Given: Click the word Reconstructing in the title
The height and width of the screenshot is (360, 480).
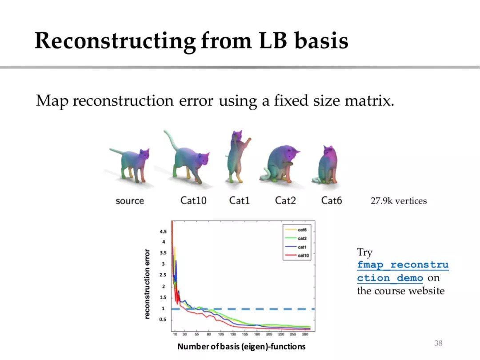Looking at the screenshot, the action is pos(115,41).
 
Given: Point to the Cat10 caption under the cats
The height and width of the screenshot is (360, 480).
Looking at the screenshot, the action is pos(193,200).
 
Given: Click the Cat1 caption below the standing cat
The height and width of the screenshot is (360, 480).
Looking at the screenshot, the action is pos(240,200).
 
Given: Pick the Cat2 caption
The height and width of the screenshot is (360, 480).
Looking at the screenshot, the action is pos(285,200).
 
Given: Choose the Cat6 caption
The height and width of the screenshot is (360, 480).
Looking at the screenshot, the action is pos(332,200).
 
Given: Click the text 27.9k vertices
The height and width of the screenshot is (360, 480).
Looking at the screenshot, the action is pos(399,201).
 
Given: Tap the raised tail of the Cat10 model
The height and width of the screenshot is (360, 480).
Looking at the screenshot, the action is pos(170,139).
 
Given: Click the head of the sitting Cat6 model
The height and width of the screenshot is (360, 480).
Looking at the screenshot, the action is pos(328,151).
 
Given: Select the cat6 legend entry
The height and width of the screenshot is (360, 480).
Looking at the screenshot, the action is pos(296,230).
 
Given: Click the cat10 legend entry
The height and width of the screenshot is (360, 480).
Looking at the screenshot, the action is pos(297,255).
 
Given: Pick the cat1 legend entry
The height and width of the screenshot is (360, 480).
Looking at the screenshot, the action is pos(296,247).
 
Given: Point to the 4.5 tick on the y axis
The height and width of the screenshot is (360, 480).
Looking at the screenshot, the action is pos(163,232).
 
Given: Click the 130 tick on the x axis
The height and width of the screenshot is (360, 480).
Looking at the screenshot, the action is pos(233,334).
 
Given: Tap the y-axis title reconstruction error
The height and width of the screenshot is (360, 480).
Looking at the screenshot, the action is pos(147,284).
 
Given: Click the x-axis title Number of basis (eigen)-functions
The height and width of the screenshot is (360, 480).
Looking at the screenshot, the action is pos(241,347).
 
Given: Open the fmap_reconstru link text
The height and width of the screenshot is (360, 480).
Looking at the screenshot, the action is pos(403,265).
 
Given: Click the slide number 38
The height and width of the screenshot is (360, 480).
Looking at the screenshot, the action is pos(438,343).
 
